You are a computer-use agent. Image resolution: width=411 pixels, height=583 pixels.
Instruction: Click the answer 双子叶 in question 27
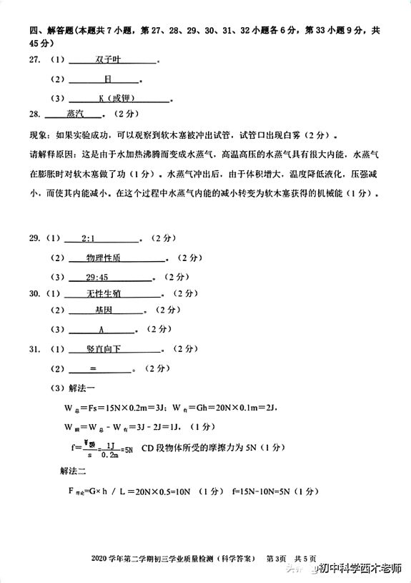[111, 60]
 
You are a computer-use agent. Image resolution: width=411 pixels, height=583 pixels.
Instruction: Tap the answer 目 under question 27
[108, 79]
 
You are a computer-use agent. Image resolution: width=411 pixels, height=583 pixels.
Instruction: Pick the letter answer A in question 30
[101, 330]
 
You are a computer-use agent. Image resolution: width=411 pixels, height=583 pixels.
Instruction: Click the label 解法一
[71, 388]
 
